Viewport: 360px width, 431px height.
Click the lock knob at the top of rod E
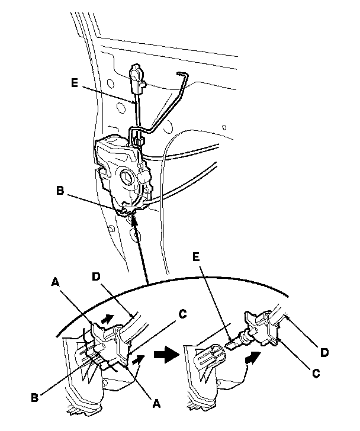coord(136,75)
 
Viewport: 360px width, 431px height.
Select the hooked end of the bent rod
coord(182,73)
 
